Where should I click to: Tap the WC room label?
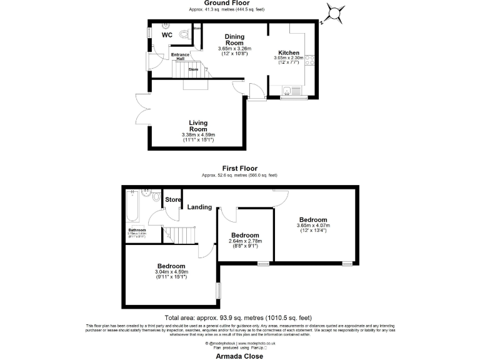[x=167, y=35]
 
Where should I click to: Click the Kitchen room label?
[x=289, y=53]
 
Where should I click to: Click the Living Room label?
[x=199, y=126]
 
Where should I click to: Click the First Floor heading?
[x=240, y=168]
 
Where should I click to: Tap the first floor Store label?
[x=173, y=200]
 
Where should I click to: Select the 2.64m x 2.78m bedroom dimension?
[x=246, y=242]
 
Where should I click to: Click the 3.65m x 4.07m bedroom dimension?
[x=312, y=226]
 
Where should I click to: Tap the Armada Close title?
[x=240, y=356]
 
